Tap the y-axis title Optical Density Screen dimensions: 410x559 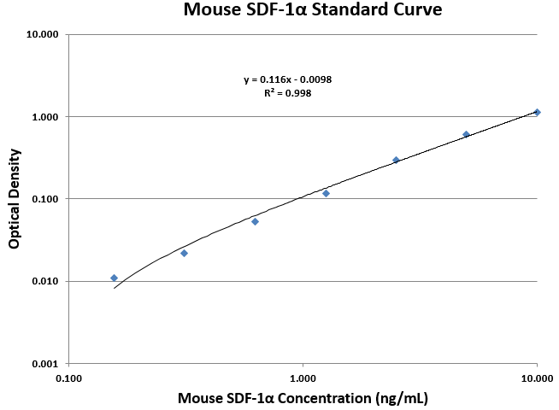(15, 199)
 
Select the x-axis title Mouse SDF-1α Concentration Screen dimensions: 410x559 (303, 398)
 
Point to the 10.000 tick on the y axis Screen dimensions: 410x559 (43, 35)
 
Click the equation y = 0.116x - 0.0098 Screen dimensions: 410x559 (287, 79)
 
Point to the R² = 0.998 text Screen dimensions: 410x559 (287, 93)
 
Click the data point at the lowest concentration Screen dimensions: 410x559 (114, 278)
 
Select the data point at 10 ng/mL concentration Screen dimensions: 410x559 (537, 112)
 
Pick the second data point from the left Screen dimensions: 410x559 (184, 253)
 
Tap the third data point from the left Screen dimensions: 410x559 (255, 221)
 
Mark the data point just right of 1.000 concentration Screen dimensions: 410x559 (326, 193)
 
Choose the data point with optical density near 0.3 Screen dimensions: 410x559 (396, 160)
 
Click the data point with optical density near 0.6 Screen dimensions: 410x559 (466, 134)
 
